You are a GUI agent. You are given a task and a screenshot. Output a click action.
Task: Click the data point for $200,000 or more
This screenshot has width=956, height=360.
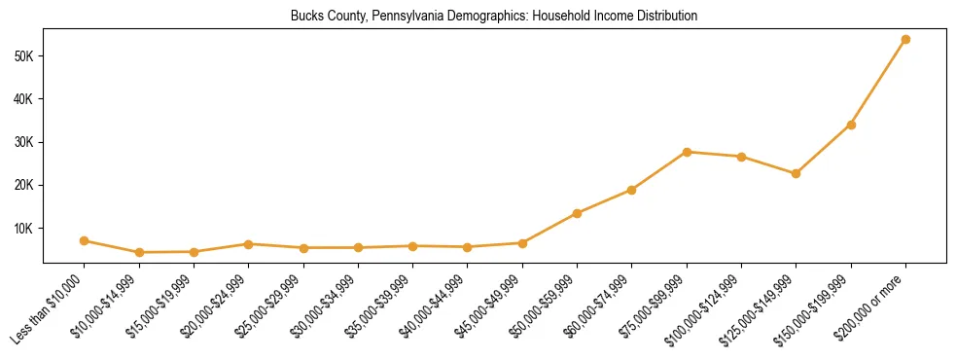905,40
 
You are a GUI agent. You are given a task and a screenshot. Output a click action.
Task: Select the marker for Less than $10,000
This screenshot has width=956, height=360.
85,240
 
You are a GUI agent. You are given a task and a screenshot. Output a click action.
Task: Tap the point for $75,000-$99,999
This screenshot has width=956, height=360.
687,152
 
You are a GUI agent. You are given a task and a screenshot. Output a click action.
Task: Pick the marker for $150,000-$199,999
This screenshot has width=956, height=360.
851,125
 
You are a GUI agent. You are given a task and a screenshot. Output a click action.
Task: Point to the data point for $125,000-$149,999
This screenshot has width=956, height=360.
796,174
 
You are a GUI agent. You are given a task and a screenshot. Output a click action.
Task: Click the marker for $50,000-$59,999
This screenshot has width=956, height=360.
577,213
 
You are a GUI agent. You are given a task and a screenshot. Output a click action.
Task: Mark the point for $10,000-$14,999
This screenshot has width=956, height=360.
139,253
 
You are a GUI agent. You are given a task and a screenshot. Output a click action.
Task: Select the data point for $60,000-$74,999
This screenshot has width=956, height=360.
632,190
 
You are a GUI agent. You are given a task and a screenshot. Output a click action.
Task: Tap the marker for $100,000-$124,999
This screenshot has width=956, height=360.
741,157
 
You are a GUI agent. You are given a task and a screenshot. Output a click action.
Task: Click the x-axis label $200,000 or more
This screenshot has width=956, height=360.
871,303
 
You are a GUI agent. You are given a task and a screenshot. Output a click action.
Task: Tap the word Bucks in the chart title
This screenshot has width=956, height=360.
305,17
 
